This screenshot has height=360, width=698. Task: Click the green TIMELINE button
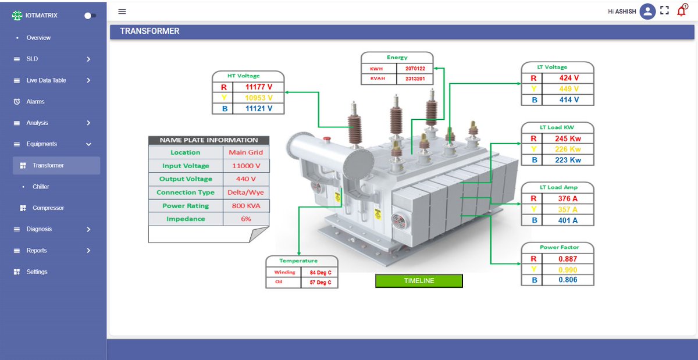[x=419, y=281]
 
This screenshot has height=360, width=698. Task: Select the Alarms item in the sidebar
[x=35, y=102]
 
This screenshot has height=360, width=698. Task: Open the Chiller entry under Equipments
[x=41, y=187]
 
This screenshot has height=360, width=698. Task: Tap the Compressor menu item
[x=48, y=208]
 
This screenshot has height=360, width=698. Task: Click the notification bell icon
[x=682, y=10]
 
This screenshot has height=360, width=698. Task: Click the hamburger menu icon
[x=122, y=12]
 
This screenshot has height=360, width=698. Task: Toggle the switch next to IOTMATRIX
[x=90, y=16]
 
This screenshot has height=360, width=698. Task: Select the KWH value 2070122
[x=415, y=69]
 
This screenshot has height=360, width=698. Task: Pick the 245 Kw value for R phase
[x=567, y=139]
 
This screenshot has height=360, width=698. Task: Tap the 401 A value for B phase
[x=567, y=220]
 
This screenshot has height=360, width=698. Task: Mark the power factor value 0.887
[x=567, y=259]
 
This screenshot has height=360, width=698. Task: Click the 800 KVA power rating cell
[x=245, y=206]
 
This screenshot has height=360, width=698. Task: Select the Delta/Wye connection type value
[x=245, y=193]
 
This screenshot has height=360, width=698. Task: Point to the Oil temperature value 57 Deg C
[x=320, y=283]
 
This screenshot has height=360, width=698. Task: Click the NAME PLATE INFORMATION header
[x=208, y=140]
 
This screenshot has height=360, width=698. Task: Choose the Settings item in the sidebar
[x=37, y=272]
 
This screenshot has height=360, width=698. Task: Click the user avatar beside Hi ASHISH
[x=647, y=12]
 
